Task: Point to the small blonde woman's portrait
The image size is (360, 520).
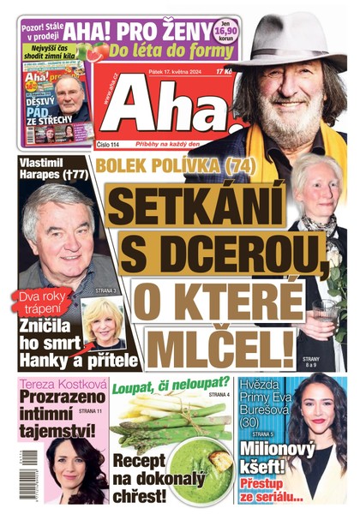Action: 102,319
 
